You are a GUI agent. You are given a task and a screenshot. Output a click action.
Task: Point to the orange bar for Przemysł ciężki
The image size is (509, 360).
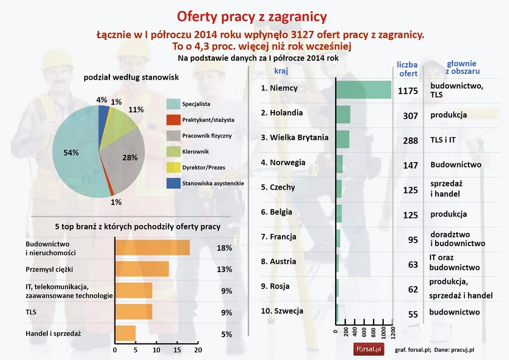point(142,270)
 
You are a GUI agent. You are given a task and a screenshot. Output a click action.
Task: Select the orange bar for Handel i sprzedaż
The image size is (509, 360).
point(125,333)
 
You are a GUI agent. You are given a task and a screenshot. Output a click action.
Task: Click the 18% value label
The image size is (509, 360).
point(224,248)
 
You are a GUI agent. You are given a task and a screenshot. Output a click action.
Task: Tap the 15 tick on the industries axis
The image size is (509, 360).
point(177,349)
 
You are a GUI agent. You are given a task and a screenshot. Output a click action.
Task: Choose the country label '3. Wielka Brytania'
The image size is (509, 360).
point(295,137)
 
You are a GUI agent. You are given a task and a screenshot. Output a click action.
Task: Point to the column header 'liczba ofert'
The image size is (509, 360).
point(407,69)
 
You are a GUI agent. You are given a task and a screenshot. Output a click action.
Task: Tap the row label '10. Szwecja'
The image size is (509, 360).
point(282,311)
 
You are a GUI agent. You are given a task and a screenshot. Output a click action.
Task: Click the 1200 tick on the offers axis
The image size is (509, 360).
point(393,333)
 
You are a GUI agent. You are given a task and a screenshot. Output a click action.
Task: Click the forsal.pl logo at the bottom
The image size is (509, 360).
point(367,349)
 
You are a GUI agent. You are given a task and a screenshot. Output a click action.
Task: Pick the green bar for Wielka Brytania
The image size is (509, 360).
point(343,139)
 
